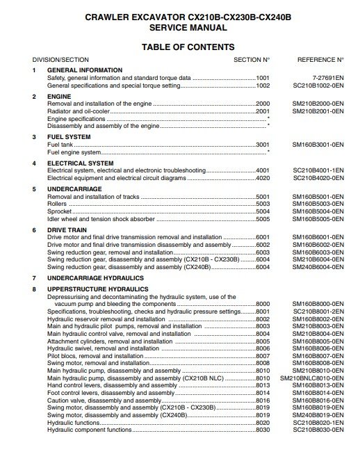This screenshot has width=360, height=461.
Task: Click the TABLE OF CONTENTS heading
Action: pyautogui.click(x=188, y=47)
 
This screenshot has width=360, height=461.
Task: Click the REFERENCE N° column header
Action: pyautogui.click(x=320, y=60)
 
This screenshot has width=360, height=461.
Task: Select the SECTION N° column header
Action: pyautogui.click(x=252, y=60)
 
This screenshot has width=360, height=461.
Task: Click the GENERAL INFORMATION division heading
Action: pyautogui.click(x=84, y=70)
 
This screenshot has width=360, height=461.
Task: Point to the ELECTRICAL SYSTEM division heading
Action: pyautogui.click(x=80, y=163)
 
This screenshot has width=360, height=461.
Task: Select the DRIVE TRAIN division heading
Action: pyautogui.click(x=67, y=229)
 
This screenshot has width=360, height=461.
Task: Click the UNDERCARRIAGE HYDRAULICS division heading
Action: pyautogui.click(x=96, y=278)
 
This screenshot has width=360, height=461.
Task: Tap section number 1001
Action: pyautogui.click(x=262, y=78)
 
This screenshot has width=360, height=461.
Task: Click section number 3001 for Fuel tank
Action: pyautogui.click(x=262, y=145)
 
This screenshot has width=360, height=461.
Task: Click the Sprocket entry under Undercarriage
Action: pyautogui.click(x=60, y=211)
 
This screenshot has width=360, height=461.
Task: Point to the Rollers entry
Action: pyautogui.click(x=57, y=204)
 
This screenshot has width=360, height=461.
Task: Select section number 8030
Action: pyautogui.click(x=262, y=430)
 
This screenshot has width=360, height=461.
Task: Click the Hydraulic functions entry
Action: pyautogui.click(x=73, y=422)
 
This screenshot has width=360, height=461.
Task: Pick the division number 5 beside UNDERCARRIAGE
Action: pyautogui.click(x=33, y=189)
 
